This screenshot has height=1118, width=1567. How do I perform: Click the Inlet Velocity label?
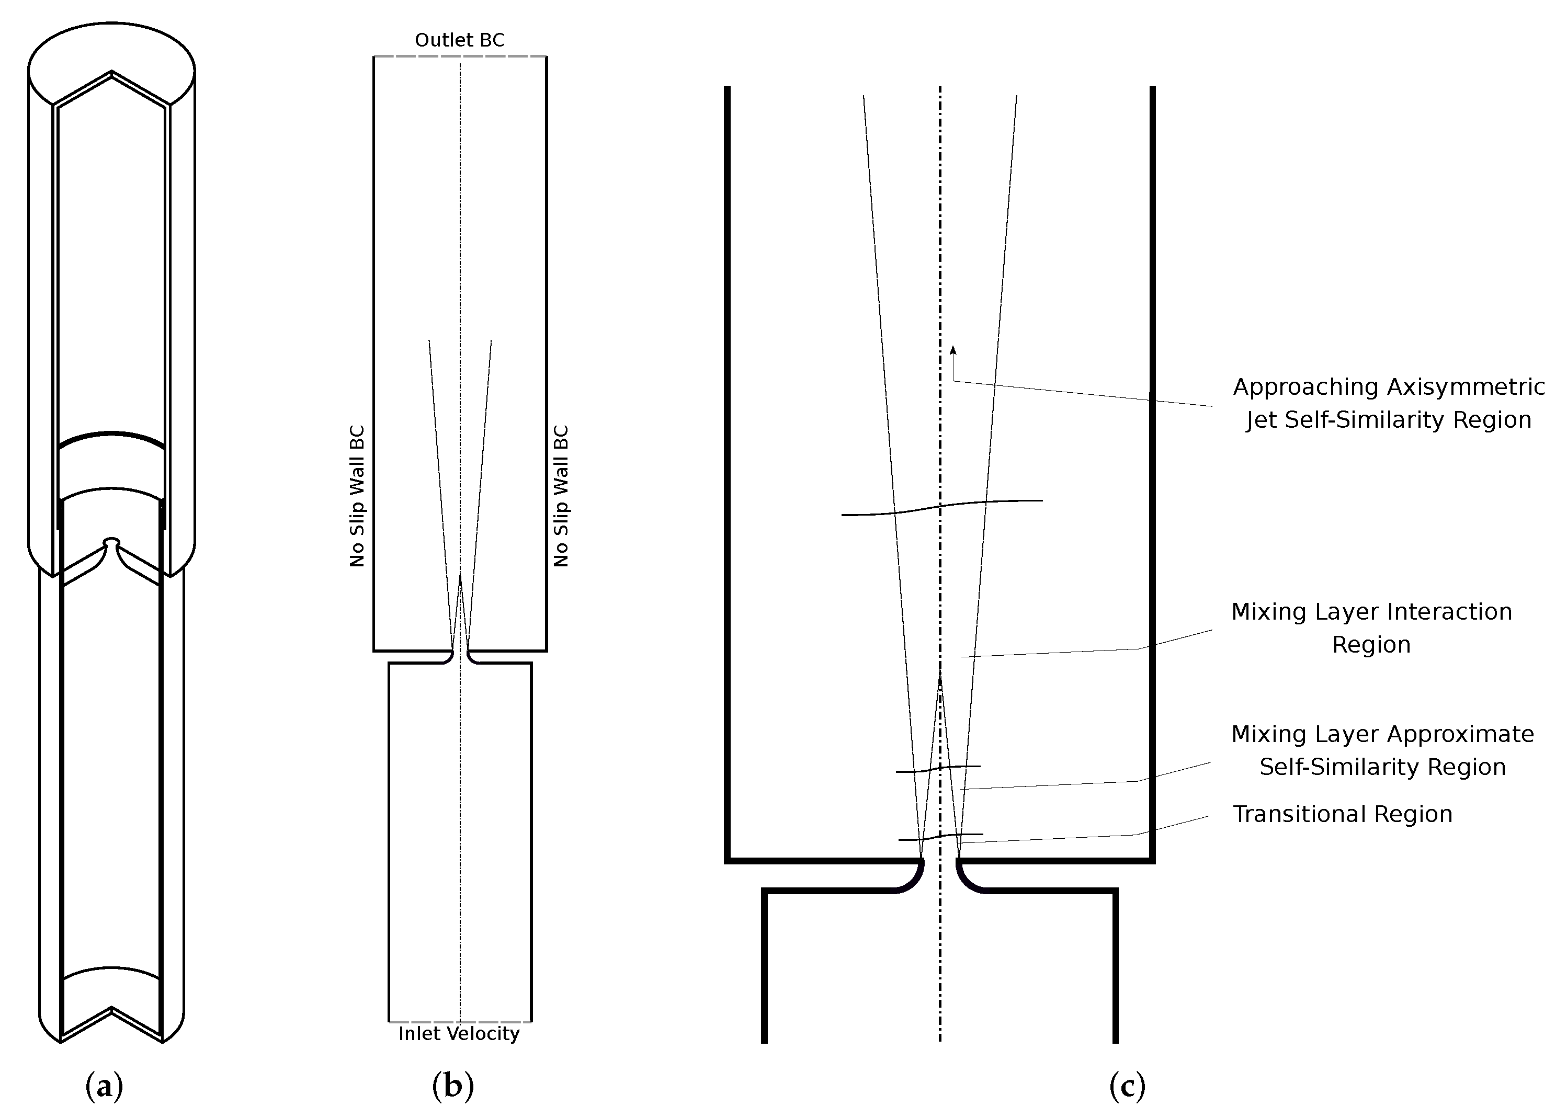pos(459,1033)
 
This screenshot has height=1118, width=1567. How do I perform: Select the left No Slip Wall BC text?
pos(357,496)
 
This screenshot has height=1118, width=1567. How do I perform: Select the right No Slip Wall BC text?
pos(561,496)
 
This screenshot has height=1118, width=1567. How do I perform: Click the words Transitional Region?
pos(1342,814)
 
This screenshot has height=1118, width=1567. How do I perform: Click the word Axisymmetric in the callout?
pos(1465,387)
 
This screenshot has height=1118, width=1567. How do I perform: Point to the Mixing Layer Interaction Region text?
pos(1371,628)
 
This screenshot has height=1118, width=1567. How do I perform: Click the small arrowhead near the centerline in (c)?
pos(953,350)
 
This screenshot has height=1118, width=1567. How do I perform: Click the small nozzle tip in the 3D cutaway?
pos(111,542)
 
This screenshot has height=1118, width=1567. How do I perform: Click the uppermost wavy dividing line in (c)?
pos(942,507)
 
